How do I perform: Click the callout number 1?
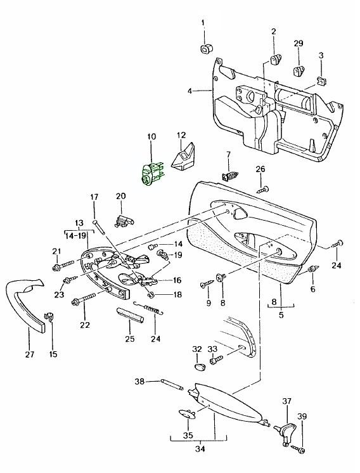[203, 23]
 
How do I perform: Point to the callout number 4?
[190, 91]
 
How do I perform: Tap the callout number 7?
[229, 155]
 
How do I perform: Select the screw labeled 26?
[262, 189]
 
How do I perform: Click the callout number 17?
[94, 197]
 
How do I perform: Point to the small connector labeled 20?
[124, 219]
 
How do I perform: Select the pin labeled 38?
[172, 384]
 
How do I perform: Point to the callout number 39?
[302, 416]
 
